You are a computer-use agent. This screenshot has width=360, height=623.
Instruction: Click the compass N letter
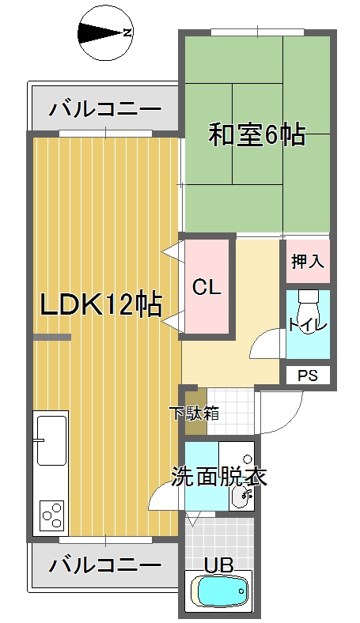click(127, 32)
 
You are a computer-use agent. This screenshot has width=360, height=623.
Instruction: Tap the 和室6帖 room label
click(257, 135)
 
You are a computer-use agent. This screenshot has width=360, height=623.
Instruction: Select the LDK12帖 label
click(101, 305)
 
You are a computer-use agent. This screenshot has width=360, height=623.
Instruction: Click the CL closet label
click(206, 286)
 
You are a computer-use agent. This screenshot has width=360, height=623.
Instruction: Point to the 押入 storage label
click(308, 261)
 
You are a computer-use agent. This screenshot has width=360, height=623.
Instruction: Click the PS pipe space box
click(308, 375)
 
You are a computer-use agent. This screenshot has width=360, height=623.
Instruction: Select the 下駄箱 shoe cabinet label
click(194, 413)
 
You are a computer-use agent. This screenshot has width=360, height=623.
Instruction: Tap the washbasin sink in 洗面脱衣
click(241, 496)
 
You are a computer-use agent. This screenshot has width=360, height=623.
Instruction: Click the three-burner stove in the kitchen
click(52, 515)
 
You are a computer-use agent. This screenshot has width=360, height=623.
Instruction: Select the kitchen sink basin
click(51, 440)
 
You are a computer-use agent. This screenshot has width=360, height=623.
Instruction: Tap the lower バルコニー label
click(105, 564)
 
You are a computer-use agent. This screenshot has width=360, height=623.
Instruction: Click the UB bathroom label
click(218, 564)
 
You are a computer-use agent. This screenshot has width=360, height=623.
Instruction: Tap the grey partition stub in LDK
click(51, 337)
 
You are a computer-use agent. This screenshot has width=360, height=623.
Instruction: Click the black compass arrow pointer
click(100, 32)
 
